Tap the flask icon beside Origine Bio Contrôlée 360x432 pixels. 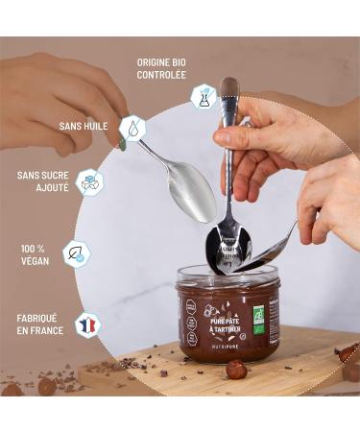203,95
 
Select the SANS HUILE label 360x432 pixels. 84,126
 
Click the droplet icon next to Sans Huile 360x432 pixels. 132,128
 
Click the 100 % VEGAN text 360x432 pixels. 34,254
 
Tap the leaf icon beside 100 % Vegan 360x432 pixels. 75,253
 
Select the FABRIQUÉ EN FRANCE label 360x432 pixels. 40,324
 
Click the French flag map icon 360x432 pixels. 88,324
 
